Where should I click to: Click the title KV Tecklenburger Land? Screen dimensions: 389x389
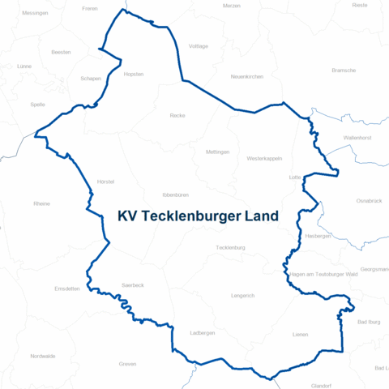[198, 216]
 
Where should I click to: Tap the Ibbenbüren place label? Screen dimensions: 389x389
[176, 195]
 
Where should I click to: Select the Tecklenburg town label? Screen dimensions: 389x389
[230, 247]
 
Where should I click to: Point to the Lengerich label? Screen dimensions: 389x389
[242, 296]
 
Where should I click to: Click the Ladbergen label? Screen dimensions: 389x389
[202, 333]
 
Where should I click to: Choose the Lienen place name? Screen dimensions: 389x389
[300, 334]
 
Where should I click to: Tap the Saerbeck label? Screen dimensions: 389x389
[132, 285]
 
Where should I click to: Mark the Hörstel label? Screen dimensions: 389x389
[105, 182]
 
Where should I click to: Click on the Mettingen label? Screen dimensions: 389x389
[218, 152]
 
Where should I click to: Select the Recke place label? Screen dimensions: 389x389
[177, 116]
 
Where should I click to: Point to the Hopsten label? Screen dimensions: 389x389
[134, 74]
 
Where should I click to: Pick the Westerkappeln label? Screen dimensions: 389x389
[264, 159]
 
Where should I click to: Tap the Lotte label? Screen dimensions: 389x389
[295, 177]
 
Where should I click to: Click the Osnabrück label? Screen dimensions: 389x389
[369, 199]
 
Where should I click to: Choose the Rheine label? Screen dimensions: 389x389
[41, 203]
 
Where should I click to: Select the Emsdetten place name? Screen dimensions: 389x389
[67, 289]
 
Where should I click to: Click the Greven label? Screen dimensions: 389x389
[127, 364]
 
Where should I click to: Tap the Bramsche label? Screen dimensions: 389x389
[344, 71]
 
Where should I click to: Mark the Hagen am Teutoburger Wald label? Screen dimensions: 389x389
[323, 275]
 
